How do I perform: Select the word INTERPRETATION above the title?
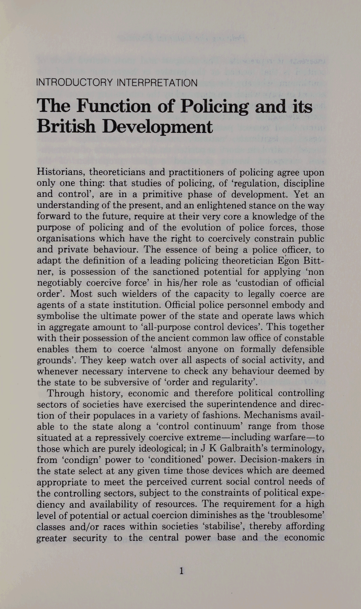tap(157, 83)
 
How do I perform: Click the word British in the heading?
tap(66, 127)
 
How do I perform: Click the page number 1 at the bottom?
tap(181, 570)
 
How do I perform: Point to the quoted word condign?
tap(76, 460)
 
